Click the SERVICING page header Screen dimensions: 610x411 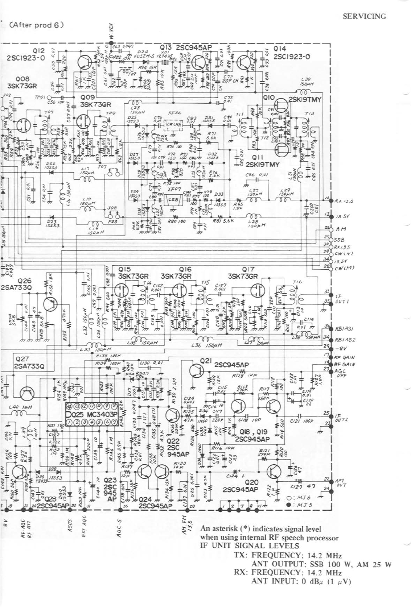[x=364, y=16]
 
